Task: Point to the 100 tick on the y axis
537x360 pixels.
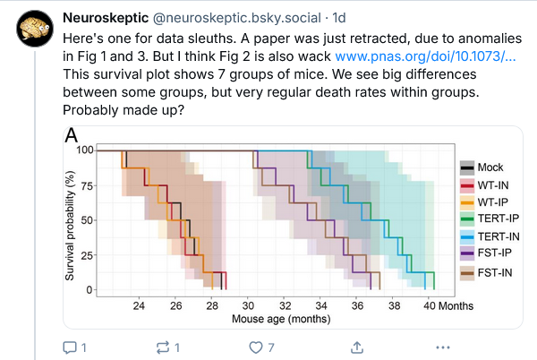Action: pos(83,150)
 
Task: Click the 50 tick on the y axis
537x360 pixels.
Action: pos(86,220)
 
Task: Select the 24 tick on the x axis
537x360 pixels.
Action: pos(139,304)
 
